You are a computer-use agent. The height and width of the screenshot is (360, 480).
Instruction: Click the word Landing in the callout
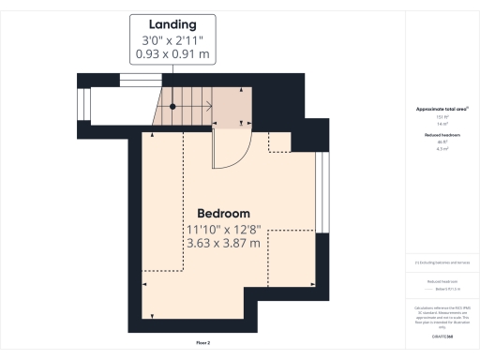point(172,23)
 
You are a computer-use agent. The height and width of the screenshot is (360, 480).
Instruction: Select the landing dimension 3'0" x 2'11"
point(172,40)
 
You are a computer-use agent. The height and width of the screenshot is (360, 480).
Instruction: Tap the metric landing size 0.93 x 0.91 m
point(172,56)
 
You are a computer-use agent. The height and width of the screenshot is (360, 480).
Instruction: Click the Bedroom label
point(223,213)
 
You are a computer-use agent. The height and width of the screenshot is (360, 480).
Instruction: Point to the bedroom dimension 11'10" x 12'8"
point(223,230)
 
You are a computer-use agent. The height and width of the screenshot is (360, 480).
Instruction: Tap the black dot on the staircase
point(172,106)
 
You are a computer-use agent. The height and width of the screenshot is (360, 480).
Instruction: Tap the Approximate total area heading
point(442,110)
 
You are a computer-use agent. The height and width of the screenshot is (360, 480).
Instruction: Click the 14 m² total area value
point(442,124)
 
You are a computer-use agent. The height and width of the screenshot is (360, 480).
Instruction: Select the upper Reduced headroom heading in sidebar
point(442,135)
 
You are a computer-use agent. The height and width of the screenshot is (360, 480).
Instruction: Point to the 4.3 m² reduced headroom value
point(442,148)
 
